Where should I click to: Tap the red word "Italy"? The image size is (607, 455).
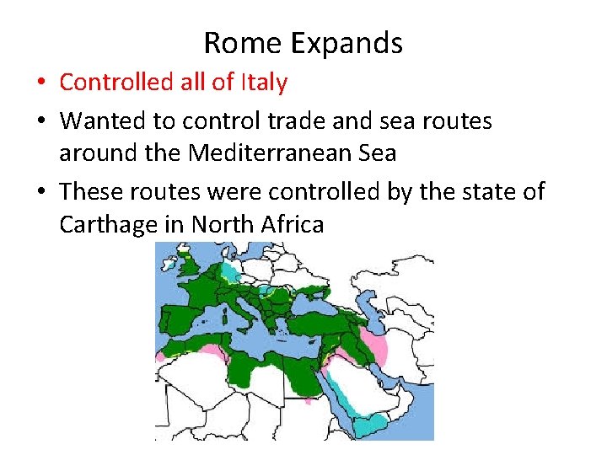[x=264, y=83]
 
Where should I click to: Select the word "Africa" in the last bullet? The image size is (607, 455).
[x=293, y=225]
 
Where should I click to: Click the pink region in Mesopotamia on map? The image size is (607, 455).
[x=371, y=341]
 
